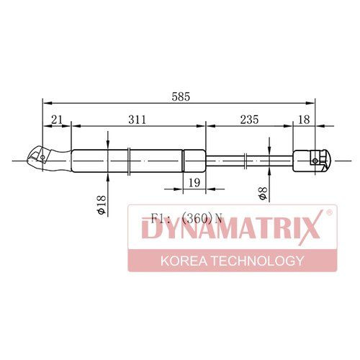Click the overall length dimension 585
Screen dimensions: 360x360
(x=181, y=96)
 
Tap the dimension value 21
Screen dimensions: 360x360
(x=57, y=120)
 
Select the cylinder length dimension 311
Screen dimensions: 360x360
(x=137, y=120)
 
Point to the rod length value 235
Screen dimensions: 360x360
(x=249, y=120)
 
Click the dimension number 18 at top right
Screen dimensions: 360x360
(x=305, y=120)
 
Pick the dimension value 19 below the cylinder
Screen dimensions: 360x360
(x=194, y=183)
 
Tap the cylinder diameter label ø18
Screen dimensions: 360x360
(x=101, y=204)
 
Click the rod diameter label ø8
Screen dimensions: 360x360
(x=263, y=193)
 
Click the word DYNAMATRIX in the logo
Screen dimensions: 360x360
(x=231, y=228)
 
